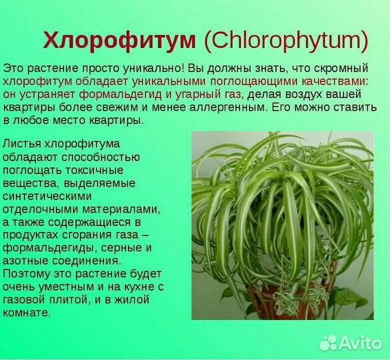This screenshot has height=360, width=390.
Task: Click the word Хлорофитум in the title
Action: tap(119, 41)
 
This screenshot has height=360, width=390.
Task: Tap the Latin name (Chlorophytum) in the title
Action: tap(286, 41)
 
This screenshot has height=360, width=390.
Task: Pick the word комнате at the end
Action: tap(27, 313)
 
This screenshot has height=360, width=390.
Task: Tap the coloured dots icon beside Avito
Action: tap(329, 343)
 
